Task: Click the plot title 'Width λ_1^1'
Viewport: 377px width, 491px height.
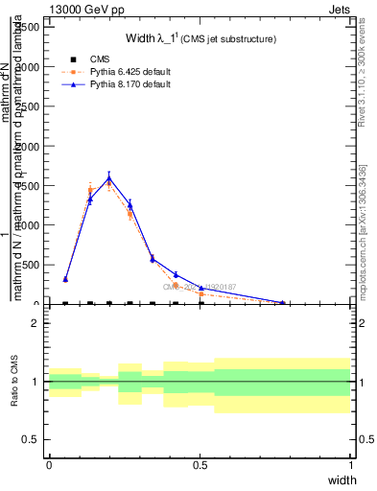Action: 201,38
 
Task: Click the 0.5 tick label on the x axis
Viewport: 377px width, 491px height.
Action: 200,464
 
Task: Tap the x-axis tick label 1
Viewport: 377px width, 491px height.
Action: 351,464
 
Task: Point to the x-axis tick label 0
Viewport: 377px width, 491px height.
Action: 49,464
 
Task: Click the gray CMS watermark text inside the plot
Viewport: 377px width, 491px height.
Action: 197,286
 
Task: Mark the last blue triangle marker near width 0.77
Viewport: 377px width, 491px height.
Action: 283,302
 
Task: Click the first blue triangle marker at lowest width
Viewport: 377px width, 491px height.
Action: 65,279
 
